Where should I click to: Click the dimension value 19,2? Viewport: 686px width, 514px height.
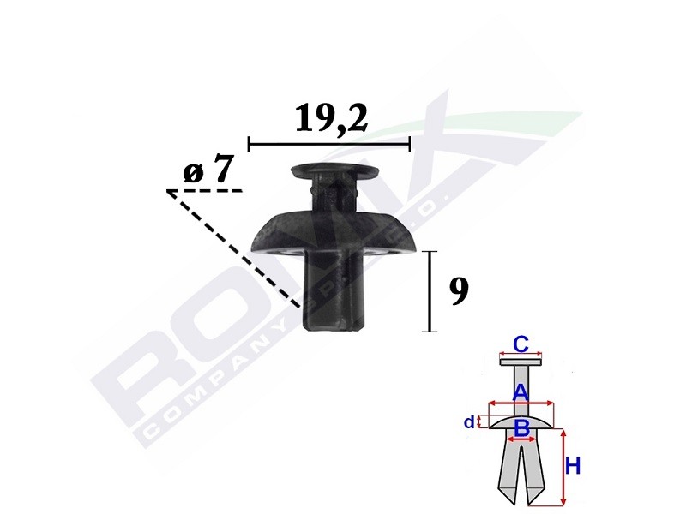tap(331, 118)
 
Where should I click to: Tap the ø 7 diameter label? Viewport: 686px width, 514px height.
tap(208, 170)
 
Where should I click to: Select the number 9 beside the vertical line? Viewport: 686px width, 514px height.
tap(459, 292)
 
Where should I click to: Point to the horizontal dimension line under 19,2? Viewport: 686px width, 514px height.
tap(328, 143)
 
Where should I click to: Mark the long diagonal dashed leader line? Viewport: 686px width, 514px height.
tap(233, 248)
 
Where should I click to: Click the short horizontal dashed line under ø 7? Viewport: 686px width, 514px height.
tap(205, 190)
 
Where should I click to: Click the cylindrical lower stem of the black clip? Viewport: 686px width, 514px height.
tap(335, 291)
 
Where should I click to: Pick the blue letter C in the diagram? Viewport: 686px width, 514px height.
tap(520, 344)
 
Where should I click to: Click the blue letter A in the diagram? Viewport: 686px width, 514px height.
tap(520, 393)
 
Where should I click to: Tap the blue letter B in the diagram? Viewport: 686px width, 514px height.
tap(521, 427)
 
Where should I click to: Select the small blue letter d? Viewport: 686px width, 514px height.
tap(467, 421)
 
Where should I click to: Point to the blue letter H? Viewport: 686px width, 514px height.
tap(573, 467)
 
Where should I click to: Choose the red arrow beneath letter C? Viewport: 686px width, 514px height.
tap(521, 355)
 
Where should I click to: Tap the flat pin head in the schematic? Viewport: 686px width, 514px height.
tap(521, 362)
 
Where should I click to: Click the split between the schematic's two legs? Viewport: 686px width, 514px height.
tap(521, 480)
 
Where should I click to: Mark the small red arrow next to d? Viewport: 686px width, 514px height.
tap(481, 421)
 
